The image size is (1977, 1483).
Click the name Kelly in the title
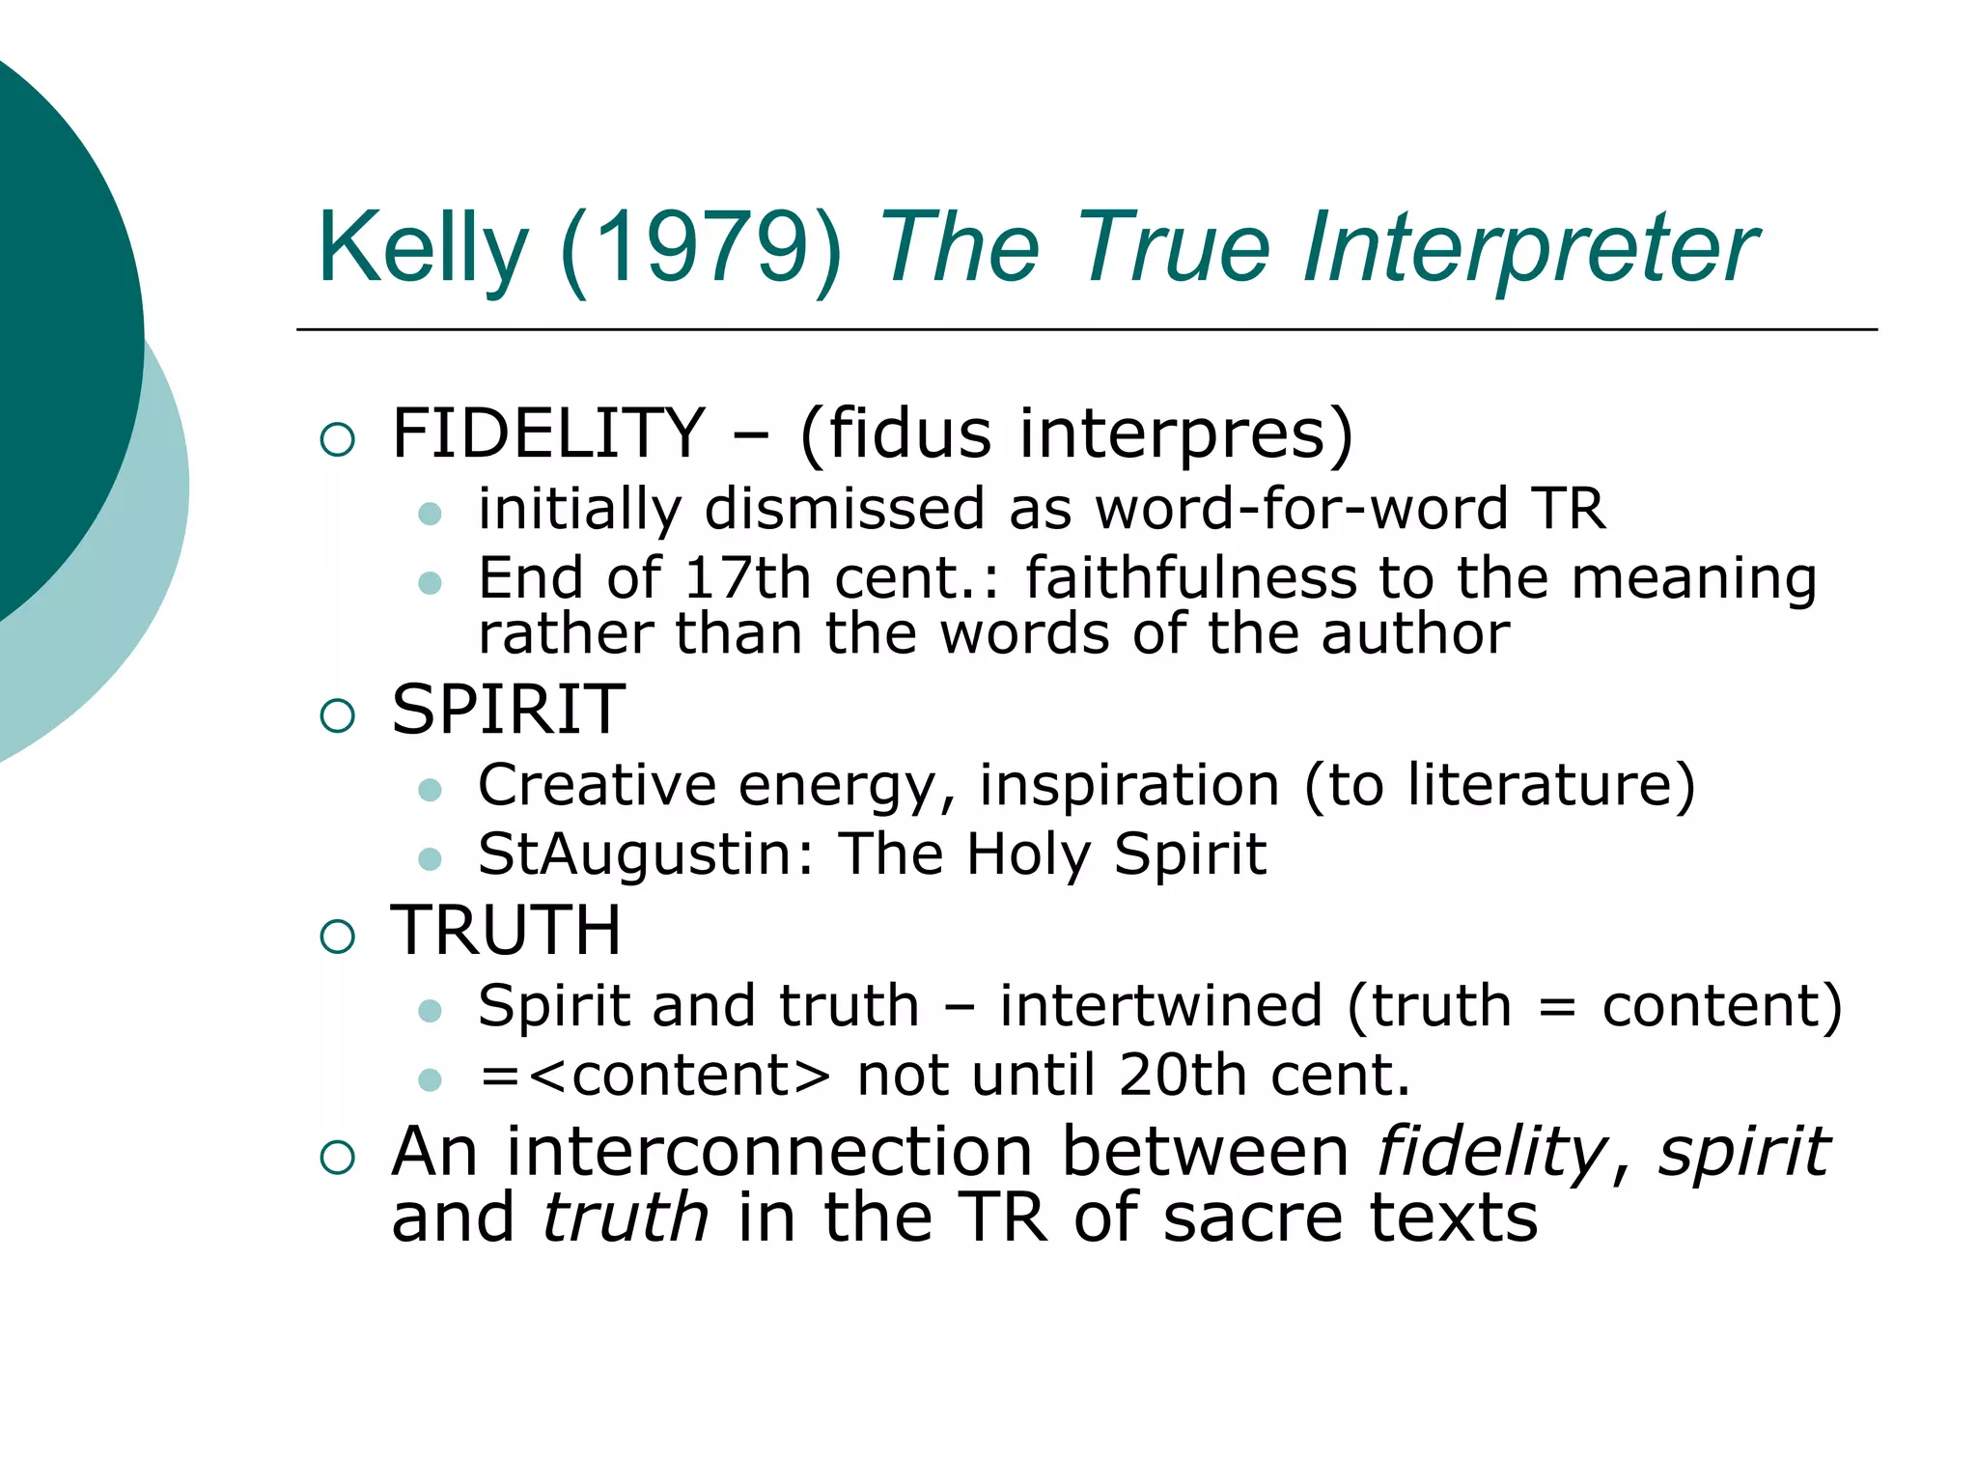click(x=423, y=248)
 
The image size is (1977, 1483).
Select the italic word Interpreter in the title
click(x=1529, y=248)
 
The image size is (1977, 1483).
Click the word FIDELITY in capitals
click(x=548, y=434)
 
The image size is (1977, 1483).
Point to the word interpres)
click(x=1186, y=434)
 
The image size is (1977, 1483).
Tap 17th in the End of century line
click(x=747, y=578)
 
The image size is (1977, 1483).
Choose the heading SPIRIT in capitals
click(x=509, y=710)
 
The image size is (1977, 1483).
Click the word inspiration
click(x=1129, y=785)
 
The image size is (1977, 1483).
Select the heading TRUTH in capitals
click(x=506, y=931)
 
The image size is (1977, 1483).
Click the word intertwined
click(x=1160, y=1006)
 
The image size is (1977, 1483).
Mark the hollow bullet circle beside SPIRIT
click(x=338, y=716)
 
